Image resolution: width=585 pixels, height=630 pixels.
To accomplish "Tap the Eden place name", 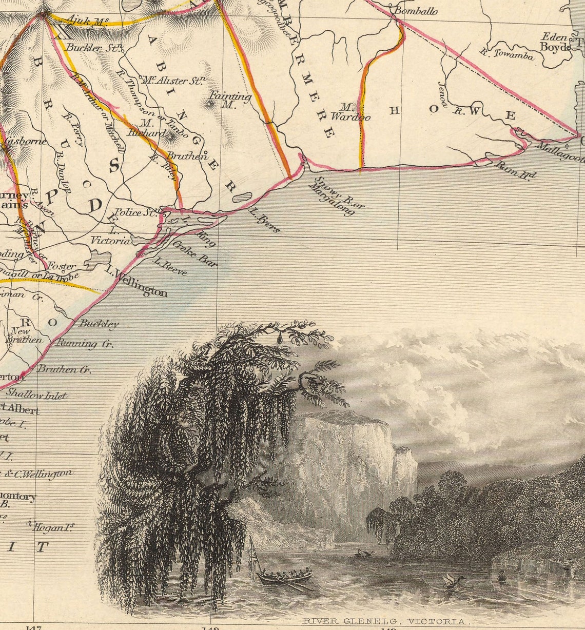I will (554, 37).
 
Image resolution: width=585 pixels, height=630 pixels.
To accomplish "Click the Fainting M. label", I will (229, 100).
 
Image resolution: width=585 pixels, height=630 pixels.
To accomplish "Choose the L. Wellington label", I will (136, 281).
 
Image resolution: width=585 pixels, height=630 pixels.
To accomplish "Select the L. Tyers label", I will (264, 220).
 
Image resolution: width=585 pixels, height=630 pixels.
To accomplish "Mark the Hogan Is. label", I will (50, 527).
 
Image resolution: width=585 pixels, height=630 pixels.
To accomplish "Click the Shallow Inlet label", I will (36, 395).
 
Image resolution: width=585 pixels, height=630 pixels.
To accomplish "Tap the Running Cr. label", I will (84, 344).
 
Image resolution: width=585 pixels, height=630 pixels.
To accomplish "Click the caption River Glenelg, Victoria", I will (385, 621).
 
